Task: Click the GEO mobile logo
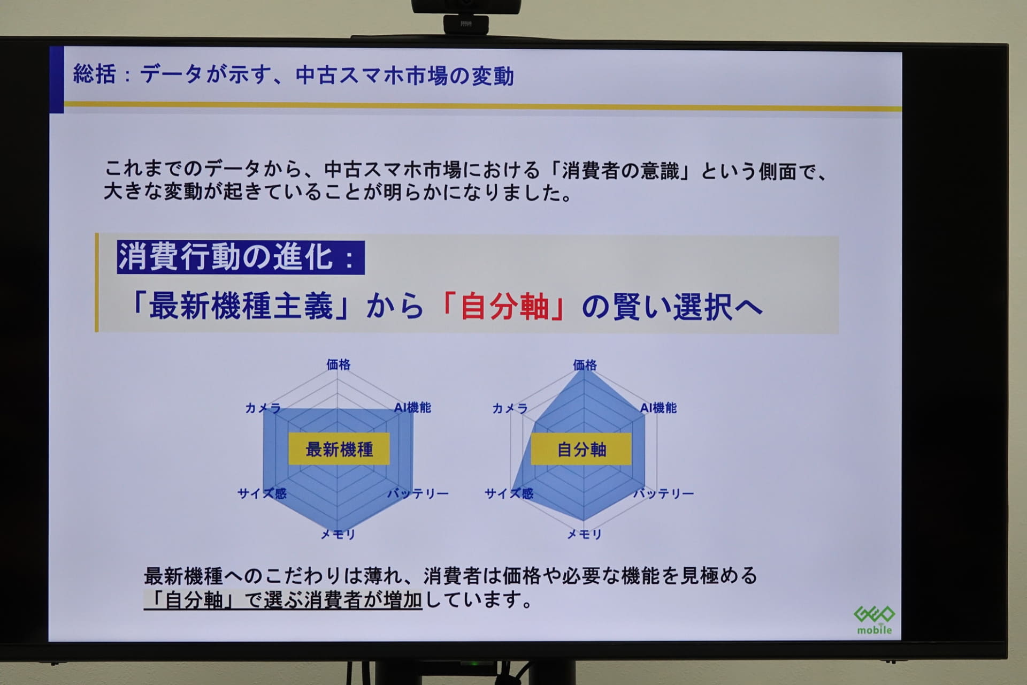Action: (874, 619)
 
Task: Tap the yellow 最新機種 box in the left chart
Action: (339, 448)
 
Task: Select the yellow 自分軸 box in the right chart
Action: (581, 449)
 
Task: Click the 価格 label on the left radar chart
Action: (338, 365)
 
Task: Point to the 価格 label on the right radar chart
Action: (585, 365)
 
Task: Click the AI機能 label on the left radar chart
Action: (412, 408)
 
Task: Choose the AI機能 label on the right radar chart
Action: (658, 408)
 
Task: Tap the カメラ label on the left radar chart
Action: (263, 408)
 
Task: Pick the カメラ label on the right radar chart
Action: (510, 409)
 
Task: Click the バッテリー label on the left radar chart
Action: (418, 493)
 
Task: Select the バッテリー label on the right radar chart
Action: (663, 493)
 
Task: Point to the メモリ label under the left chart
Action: (338, 534)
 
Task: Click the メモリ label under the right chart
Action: (585, 534)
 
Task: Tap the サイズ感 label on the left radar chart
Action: (262, 493)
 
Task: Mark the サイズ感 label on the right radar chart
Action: (509, 493)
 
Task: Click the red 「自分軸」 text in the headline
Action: (504, 307)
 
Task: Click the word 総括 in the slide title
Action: (94, 74)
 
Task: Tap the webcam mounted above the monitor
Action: (466, 16)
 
